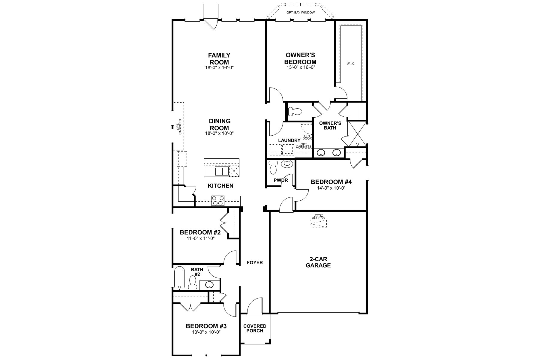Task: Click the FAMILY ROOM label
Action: point(219,59)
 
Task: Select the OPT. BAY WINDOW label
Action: point(300,13)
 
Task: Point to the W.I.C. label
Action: point(351,63)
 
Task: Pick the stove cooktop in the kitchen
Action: point(218,201)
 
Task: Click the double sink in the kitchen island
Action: point(221,171)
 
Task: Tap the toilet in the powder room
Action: point(273,167)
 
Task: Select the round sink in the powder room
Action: point(287,164)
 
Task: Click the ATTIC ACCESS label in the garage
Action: point(318,217)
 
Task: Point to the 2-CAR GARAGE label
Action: point(318,262)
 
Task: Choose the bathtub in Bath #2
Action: point(179,277)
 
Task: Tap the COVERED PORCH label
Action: point(255,328)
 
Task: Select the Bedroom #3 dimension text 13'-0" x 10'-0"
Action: point(206,332)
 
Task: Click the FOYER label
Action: point(255,262)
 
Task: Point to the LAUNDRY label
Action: point(289,140)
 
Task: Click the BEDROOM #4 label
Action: point(331,182)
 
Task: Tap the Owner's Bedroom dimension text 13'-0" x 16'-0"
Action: point(300,67)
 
